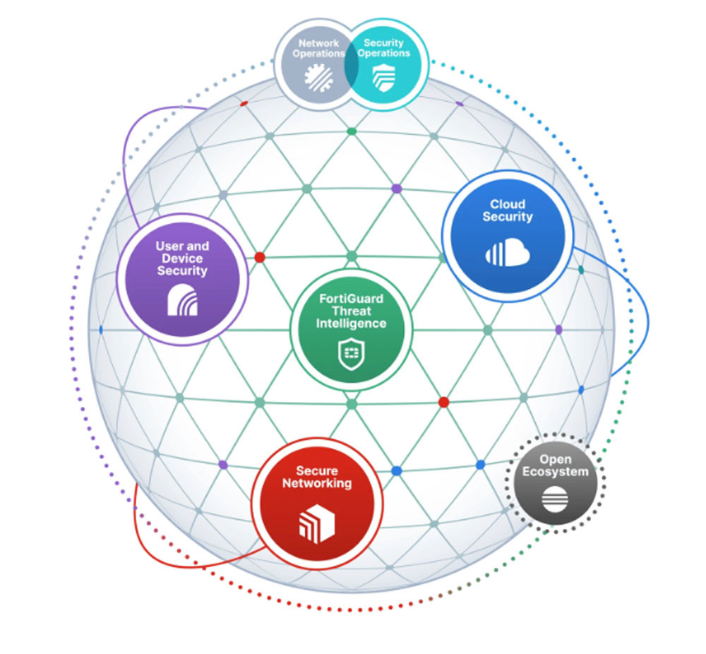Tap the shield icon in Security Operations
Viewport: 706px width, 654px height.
(x=383, y=78)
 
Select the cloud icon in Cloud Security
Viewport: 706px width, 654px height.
(x=508, y=253)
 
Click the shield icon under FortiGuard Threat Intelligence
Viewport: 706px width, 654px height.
(x=351, y=355)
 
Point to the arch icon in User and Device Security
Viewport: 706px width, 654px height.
(x=182, y=299)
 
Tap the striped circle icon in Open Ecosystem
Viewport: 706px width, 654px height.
(x=555, y=499)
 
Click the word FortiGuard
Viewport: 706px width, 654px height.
(x=351, y=299)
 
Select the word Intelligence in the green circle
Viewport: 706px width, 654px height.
(x=351, y=323)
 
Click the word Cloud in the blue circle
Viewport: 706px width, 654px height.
(x=508, y=204)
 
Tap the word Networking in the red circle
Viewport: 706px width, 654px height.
(x=317, y=483)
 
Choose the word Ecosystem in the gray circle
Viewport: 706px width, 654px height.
(x=555, y=472)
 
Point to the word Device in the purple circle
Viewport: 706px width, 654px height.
(x=182, y=258)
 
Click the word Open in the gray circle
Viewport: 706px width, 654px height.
(x=555, y=459)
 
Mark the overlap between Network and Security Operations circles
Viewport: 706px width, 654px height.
(x=351, y=64)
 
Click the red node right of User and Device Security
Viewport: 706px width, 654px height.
(x=260, y=257)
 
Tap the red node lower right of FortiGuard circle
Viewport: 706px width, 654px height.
(x=443, y=403)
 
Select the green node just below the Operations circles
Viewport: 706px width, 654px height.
(x=352, y=131)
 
